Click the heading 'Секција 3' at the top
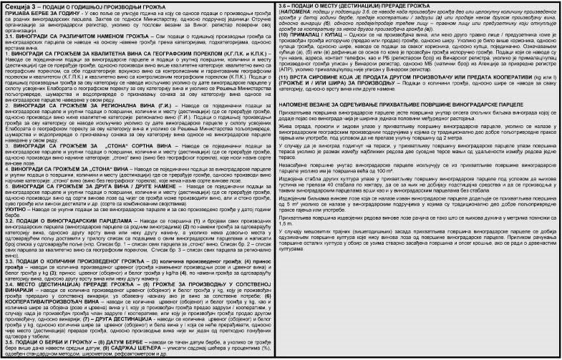click(x=19, y=6)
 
